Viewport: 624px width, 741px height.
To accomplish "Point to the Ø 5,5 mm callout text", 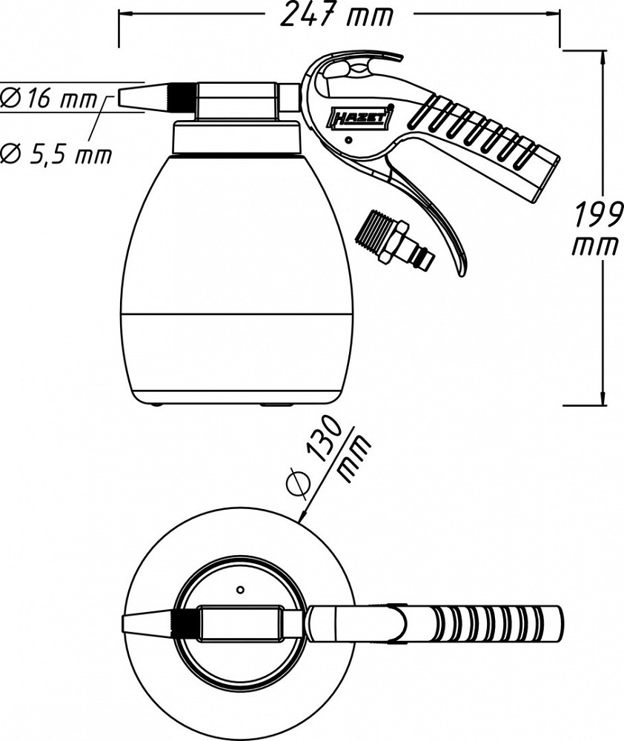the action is pos(56,154).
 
